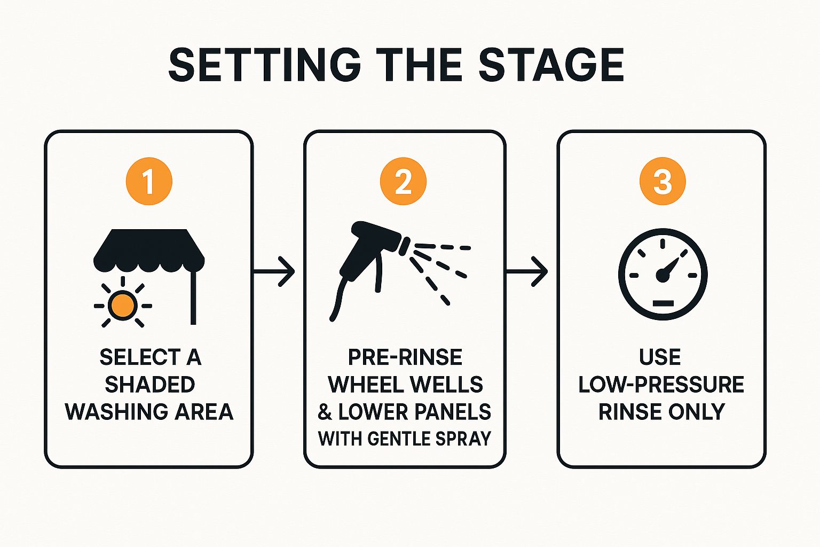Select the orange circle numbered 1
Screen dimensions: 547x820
[x=149, y=181]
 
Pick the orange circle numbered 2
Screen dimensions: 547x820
[x=403, y=181]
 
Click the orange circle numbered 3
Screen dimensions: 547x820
[x=663, y=181]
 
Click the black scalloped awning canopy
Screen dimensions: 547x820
[x=149, y=250]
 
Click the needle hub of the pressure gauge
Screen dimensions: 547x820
[x=662, y=276]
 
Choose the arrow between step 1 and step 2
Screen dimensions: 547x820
[x=274, y=272]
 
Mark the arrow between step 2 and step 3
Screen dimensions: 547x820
[x=527, y=272]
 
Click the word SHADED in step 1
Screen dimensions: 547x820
[x=149, y=385]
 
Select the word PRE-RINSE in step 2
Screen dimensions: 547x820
[x=405, y=357]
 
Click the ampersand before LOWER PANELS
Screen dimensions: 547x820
[x=325, y=412]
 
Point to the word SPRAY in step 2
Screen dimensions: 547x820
[x=463, y=439]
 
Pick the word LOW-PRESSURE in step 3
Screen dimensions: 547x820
[x=661, y=385]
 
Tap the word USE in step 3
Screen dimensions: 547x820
[x=660, y=357]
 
